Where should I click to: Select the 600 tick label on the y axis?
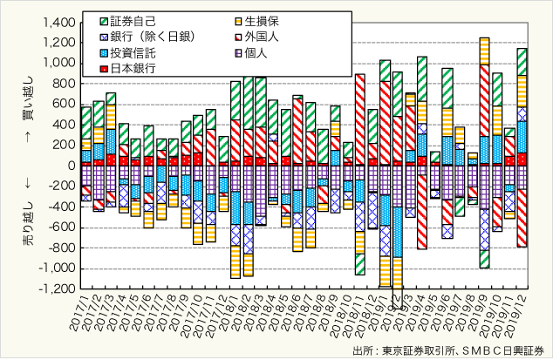pyautogui.click(x=64, y=104)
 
